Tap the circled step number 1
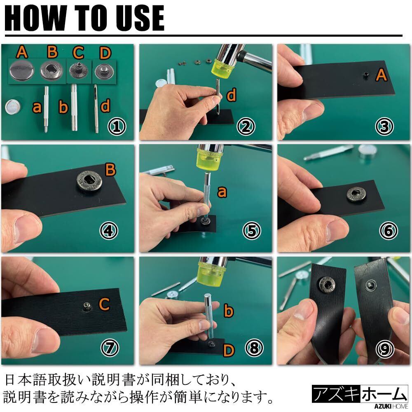(x=117, y=126)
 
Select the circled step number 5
(x=252, y=230)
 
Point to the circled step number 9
(x=385, y=349)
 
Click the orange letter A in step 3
(x=381, y=75)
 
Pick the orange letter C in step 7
(x=104, y=304)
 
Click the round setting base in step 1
(x=13, y=107)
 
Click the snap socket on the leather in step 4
(x=89, y=181)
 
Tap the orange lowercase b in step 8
(x=228, y=310)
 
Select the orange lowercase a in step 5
(x=222, y=192)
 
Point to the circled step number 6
(x=389, y=230)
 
